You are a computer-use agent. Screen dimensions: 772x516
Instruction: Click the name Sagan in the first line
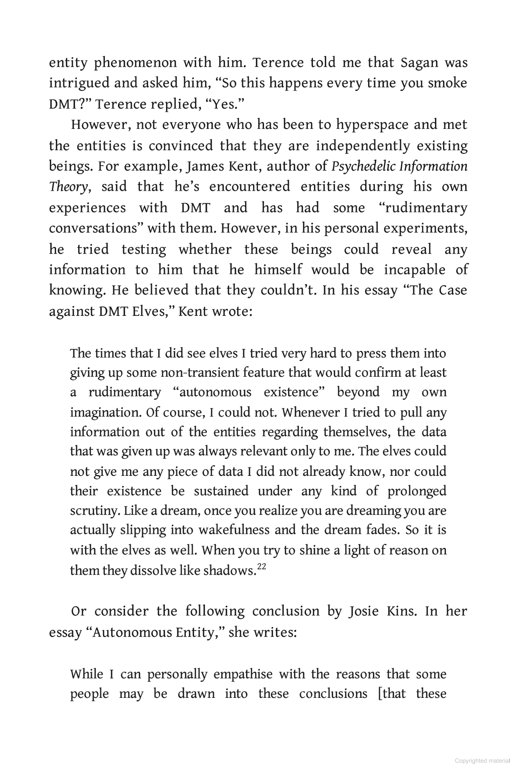coord(419,63)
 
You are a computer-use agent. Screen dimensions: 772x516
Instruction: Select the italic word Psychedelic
coord(362,166)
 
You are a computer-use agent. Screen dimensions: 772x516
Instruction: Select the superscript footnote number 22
coord(262,567)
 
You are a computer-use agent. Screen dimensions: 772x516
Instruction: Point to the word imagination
coord(104,413)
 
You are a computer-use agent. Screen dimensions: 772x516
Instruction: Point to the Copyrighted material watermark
coord(482,761)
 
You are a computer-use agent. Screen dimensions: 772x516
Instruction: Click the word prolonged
coord(417,491)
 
